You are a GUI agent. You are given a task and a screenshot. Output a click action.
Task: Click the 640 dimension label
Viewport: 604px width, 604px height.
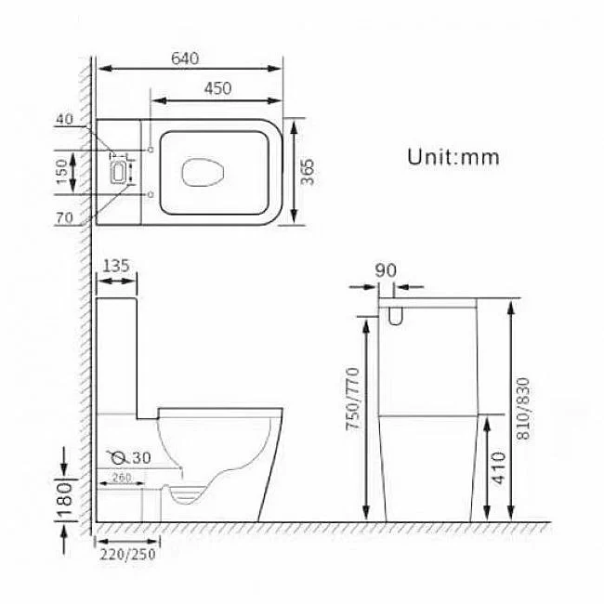185,59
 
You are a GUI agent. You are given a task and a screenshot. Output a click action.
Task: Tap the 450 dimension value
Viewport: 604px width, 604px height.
218,88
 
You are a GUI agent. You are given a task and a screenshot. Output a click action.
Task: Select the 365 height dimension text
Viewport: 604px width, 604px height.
308,172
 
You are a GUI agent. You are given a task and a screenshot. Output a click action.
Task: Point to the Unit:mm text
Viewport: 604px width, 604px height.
453,157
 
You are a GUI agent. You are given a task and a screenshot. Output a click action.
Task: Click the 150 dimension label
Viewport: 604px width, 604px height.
61,172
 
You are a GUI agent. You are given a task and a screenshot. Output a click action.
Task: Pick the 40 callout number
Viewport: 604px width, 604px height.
64,119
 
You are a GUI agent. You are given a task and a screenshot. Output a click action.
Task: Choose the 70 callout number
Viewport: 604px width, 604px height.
64,218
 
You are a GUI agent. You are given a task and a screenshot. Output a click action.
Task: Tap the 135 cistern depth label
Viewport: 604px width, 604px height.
116,266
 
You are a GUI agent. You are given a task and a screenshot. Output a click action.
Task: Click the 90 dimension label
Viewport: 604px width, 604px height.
386,270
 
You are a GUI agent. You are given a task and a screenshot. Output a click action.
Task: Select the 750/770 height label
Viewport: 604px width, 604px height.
353,399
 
